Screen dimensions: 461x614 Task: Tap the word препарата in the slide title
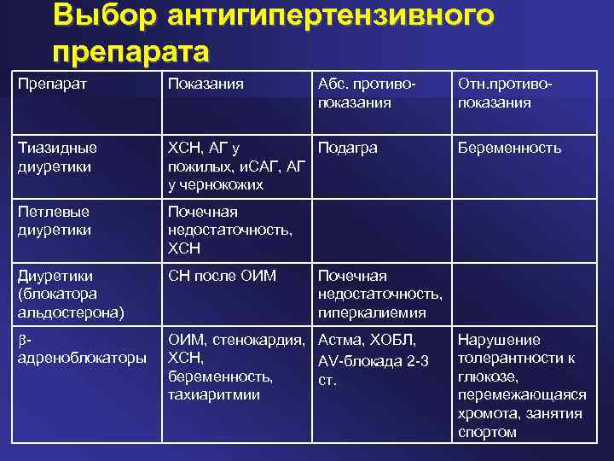click(x=130, y=51)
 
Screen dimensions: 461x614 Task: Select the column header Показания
click(x=206, y=83)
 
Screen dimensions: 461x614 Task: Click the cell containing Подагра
click(x=347, y=148)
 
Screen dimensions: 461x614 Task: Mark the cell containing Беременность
click(x=509, y=148)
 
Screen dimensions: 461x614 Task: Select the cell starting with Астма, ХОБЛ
click(x=373, y=359)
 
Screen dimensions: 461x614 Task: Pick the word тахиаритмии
click(x=213, y=395)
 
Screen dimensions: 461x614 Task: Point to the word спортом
click(x=486, y=433)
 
